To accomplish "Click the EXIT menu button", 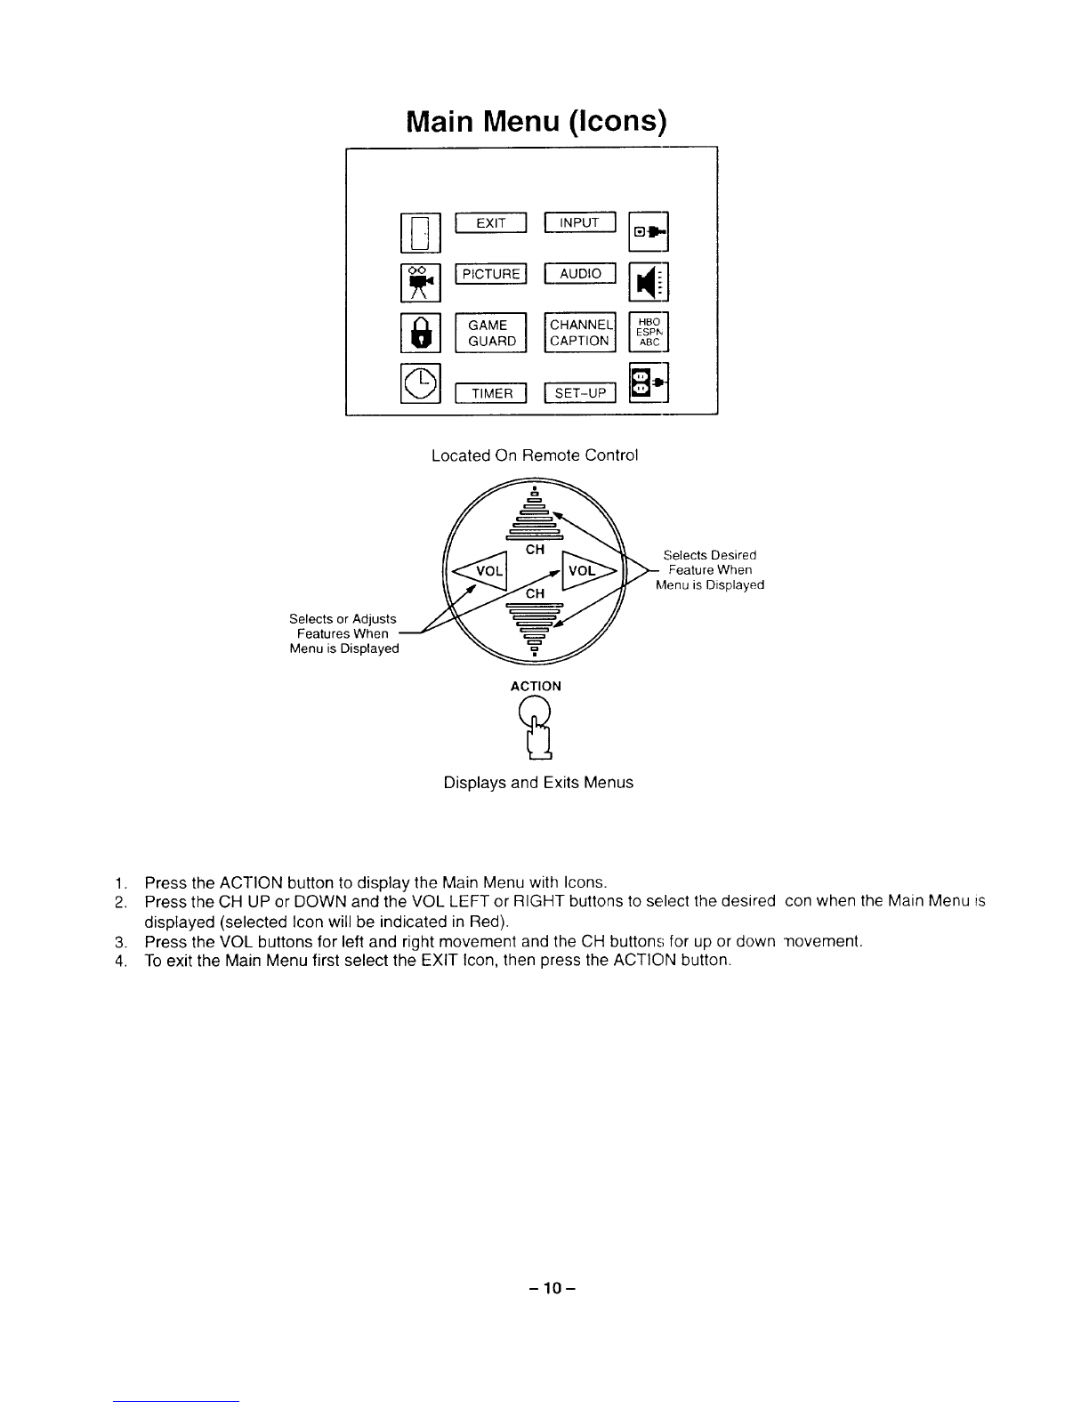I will (x=490, y=223).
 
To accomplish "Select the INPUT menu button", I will (x=579, y=222).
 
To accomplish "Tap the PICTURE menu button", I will (x=490, y=274).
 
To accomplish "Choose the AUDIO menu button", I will (x=579, y=274).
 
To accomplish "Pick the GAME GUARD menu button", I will (x=491, y=333).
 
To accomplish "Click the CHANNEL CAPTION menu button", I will (x=580, y=333).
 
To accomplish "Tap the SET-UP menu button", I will (x=580, y=393).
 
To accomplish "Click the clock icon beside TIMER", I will (x=421, y=383).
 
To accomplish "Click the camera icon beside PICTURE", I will (x=421, y=283).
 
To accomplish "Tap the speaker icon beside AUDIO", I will (x=649, y=283).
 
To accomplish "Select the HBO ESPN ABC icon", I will (x=649, y=332).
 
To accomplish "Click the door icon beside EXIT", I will (x=421, y=232).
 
